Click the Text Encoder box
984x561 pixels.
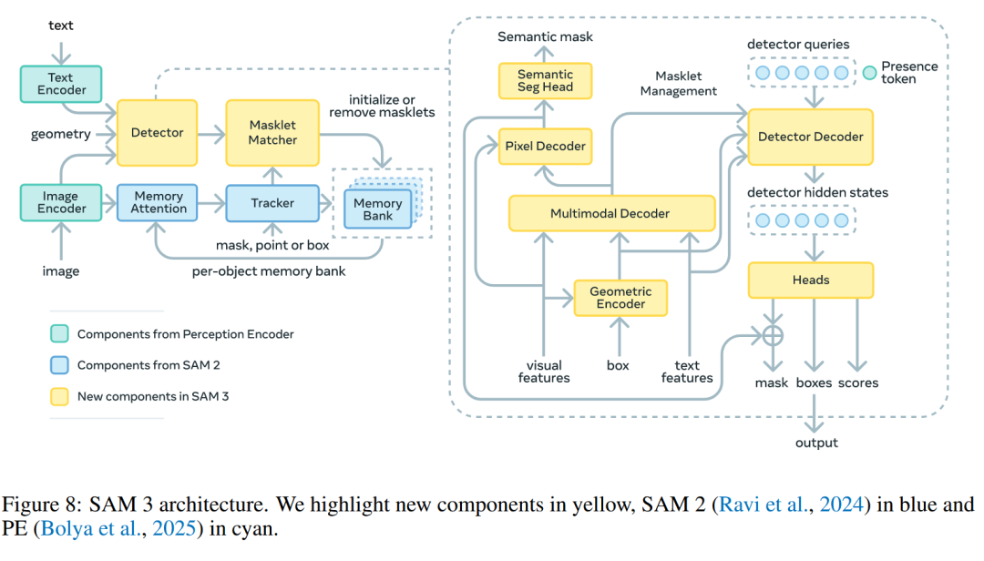coord(61,83)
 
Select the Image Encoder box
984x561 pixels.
coord(61,202)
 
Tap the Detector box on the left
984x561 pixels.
coord(157,133)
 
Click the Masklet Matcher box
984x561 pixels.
coord(273,133)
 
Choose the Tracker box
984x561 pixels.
coord(272,203)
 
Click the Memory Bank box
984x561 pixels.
coord(377,210)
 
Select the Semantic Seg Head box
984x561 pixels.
coord(545,81)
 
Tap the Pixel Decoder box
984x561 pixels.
coord(545,146)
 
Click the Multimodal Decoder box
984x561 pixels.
coord(610,214)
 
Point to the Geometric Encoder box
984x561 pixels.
coord(620,298)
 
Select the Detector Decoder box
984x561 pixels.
coord(810,137)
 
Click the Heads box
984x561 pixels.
coord(810,280)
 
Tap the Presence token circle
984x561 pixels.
coord(869,71)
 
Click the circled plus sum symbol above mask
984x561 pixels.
coord(773,334)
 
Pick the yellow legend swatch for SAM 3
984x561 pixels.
coord(58,396)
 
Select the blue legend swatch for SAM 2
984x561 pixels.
coord(58,365)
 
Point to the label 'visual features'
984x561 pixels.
coord(544,372)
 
